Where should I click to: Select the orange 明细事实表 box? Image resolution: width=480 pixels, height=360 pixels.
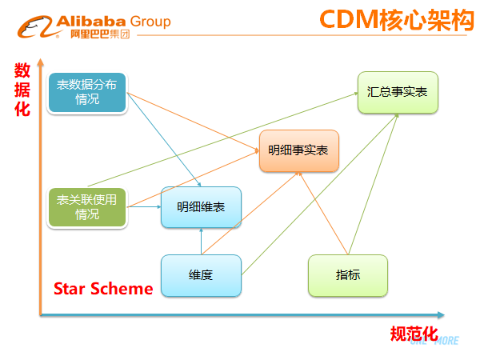(298, 150)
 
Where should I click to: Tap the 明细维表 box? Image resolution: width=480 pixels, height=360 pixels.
(201, 207)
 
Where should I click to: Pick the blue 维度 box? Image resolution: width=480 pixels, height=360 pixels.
(201, 275)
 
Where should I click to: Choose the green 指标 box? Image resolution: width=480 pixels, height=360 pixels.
(348, 275)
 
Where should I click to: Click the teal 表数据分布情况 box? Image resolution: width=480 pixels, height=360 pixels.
(87, 93)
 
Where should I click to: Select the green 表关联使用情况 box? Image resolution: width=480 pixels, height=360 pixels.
(87, 207)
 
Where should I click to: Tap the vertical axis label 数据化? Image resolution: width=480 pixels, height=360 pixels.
(22, 90)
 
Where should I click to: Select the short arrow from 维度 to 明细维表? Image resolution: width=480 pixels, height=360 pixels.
(201, 242)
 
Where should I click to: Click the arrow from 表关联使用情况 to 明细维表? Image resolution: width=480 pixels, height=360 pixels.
(145, 207)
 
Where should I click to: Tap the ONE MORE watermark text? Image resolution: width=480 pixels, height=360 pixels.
(434, 341)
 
